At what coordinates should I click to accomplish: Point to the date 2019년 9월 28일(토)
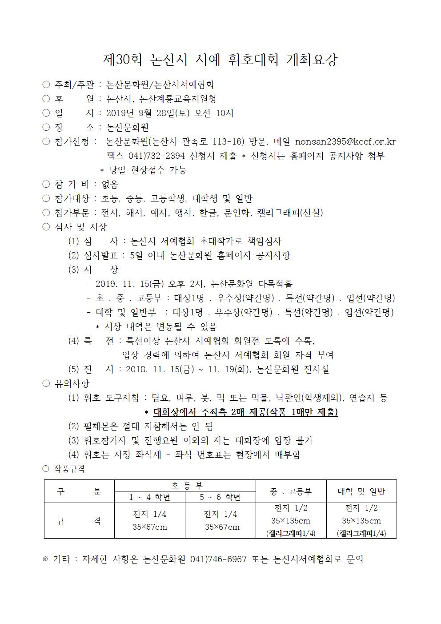click(x=148, y=113)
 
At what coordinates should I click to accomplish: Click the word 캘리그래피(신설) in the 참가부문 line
click(x=290, y=213)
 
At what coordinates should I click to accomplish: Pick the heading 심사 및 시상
click(x=80, y=227)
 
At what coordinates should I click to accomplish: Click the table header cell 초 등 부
click(x=185, y=486)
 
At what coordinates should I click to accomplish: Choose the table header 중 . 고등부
click(x=291, y=491)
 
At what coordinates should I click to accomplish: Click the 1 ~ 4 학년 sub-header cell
click(x=149, y=497)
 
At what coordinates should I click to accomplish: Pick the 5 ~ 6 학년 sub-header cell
click(x=220, y=497)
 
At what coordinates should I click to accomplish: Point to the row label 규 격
click(x=79, y=520)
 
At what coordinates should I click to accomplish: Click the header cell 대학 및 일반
click(x=361, y=491)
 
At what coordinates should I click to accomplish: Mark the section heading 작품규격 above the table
click(x=69, y=469)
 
